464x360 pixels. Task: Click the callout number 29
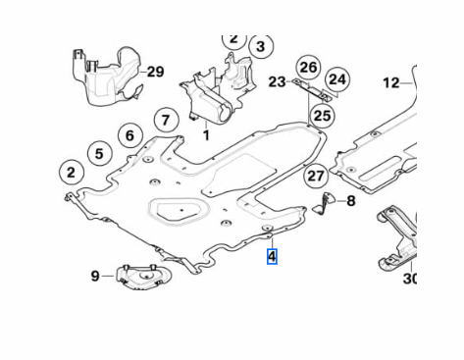pyautogui.click(x=155, y=72)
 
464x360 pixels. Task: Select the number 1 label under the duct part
pyautogui.click(x=206, y=134)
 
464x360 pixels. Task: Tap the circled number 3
pyautogui.click(x=259, y=46)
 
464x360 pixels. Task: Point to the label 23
pyautogui.click(x=277, y=82)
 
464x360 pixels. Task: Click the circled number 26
pyautogui.click(x=309, y=67)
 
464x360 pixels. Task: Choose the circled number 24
pyautogui.click(x=337, y=78)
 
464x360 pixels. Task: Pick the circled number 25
pyautogui.click(x=323, y=115)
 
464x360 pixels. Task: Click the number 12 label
pyautogui.click(x=391, y=82)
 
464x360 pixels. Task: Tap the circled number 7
pyautogui.click(x=166, y=121)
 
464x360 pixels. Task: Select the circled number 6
pyautogui.click(x=129, y=135)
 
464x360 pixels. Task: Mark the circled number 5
pyautogui.click(x=98, y=153)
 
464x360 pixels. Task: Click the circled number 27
pyautogui.click(x=315, y=177)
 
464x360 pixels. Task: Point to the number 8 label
pyautogui.click(x=350, y=200)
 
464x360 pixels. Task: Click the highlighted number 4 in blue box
pyautogui.click(x=272, y=257)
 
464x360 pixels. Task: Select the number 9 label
pyautogui.click(x=95, y=277)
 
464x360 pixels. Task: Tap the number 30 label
pyautogui.click(x=410, y=279)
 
